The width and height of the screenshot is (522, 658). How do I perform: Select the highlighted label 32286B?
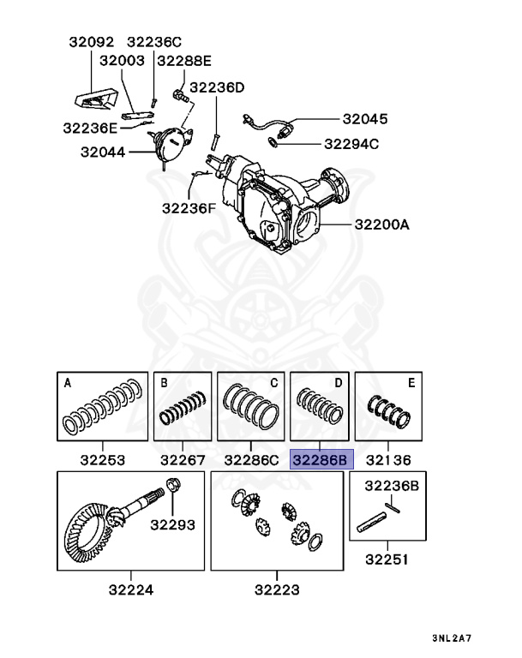tap(319, 459)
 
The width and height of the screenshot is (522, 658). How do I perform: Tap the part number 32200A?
tap(380, 225)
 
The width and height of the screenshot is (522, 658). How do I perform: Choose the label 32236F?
tap(189, 206)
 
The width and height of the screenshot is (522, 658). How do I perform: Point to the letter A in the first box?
tap(68, 383)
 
